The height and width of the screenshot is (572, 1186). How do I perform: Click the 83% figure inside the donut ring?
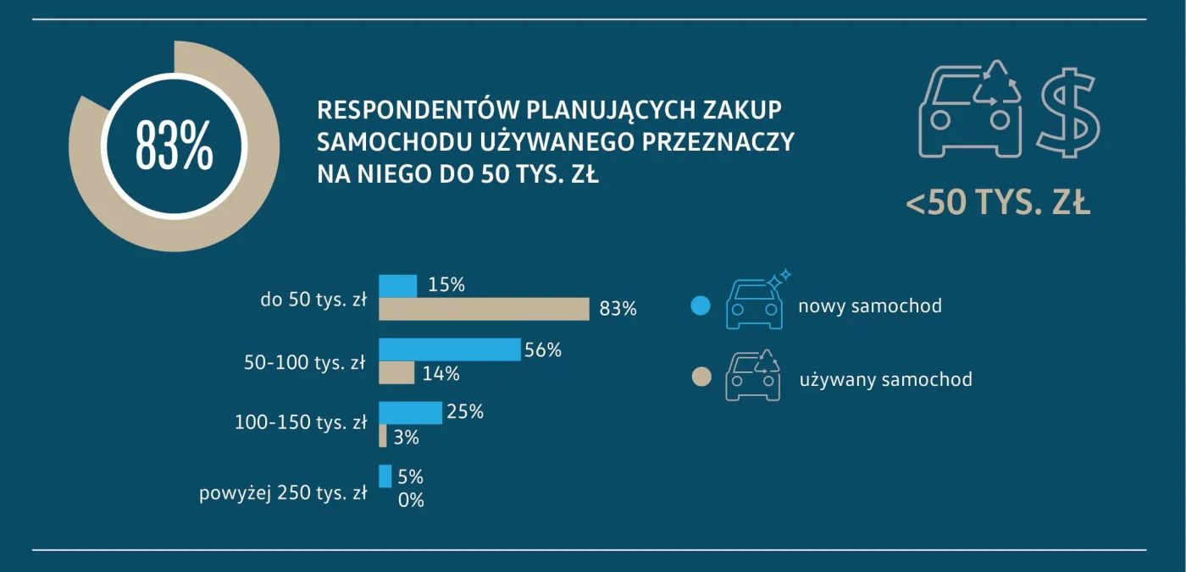(x=174, y=146)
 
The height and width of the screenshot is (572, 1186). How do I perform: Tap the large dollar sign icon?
(x=1070, y=113)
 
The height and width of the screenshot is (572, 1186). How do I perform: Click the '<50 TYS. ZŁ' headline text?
(x=998, y=203)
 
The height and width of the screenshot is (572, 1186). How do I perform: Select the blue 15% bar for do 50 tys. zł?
(x=397, y=286)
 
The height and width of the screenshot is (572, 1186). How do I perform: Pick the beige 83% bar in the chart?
(x=484, y=309)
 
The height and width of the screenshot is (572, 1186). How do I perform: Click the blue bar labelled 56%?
(x=449, y=349)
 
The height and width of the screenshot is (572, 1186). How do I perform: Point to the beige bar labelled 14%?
(x=396, y=373)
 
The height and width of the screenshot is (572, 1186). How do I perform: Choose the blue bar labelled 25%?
(x=410, y=413)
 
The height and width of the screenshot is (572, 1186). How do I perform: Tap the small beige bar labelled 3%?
(x=383, y=437)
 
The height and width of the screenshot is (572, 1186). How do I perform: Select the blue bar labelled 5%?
(x=385, y=476)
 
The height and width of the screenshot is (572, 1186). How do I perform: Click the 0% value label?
(x=411, y=500)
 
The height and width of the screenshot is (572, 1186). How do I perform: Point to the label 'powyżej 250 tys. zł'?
(x=283, y=492)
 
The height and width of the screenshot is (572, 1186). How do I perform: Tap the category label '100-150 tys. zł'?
(x=301, y=422)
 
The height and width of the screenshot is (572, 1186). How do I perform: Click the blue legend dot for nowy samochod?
(x=700, y=305)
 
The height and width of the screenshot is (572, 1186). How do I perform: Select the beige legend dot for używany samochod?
(x=701, y=377)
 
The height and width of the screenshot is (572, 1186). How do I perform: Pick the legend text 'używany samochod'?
(x=885, y=379)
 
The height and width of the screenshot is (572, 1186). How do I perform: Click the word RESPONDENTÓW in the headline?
(x=418, y=111)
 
